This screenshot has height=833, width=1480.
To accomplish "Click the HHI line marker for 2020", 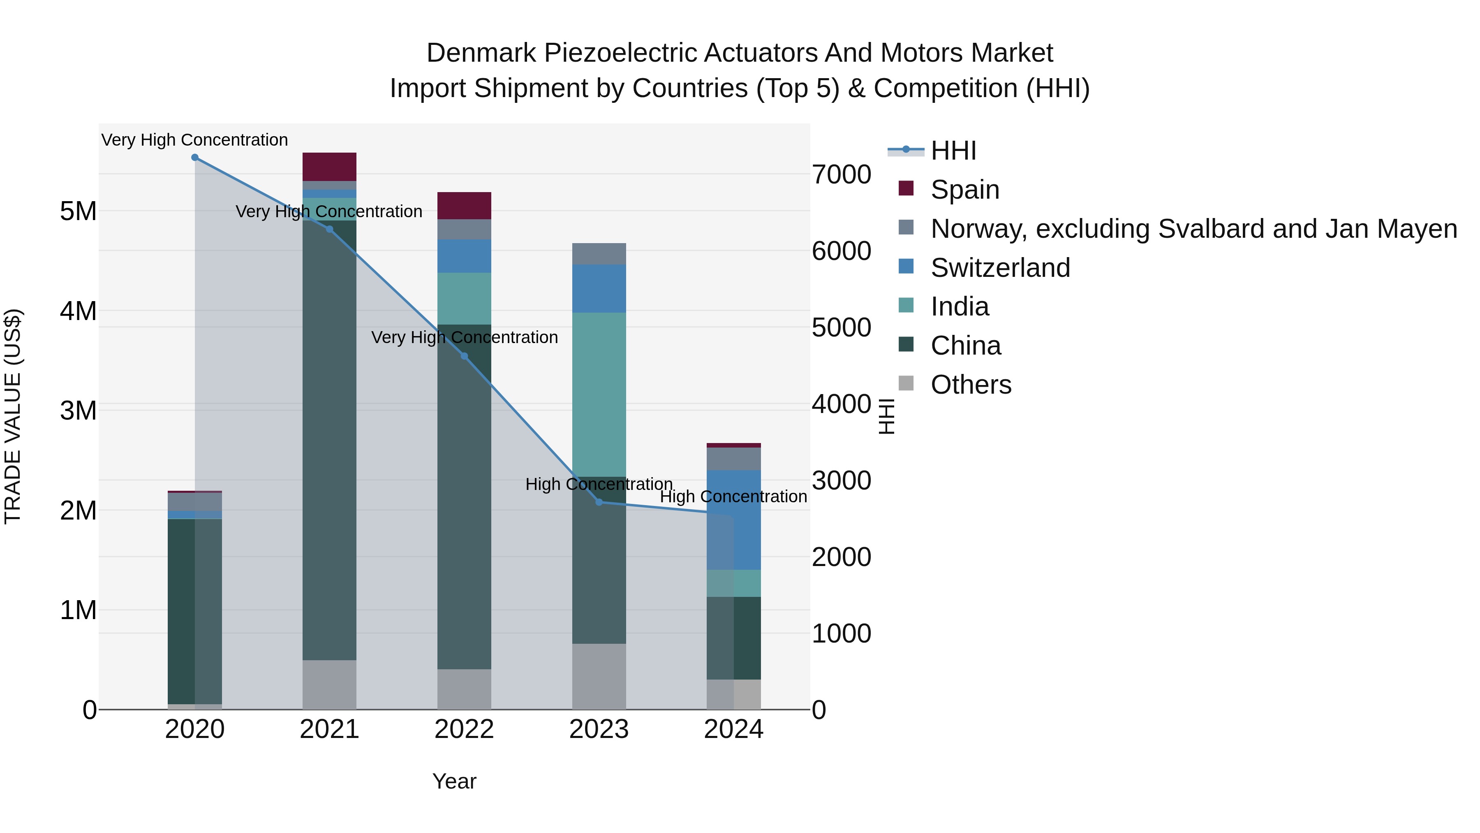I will pyautogui.click(x=195, y=158).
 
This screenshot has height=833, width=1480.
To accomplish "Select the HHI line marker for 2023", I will pyautogui.click(x=599, y=502).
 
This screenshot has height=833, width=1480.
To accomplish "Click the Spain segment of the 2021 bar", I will pyautogui.click(x=329, y=167).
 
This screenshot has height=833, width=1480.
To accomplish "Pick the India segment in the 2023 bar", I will pyautogui.click(x=599, y=394).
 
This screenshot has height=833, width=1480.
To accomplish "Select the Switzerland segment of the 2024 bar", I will pyautogui.click(x=747, y=520).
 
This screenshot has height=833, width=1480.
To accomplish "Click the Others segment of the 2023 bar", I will pyautogui.click(x=599, y=677).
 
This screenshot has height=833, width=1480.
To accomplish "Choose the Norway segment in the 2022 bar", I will pyautogui.click(x=464, y=230).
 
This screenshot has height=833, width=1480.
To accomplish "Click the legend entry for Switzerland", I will pyautogui.click(x=1000, y=268).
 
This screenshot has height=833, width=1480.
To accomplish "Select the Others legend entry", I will pyautogui.click(x=971, y=385).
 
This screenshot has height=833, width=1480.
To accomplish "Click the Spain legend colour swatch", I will pyautogui.click(x=906, y=188).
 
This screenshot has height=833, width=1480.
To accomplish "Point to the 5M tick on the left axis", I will pyautogui.click(x=78, y=211).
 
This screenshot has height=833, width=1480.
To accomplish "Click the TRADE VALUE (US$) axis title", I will pyautogui.click(x=13, y=416).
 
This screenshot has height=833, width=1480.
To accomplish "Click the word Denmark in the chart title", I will pyautogui.click(x=481, y=53).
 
